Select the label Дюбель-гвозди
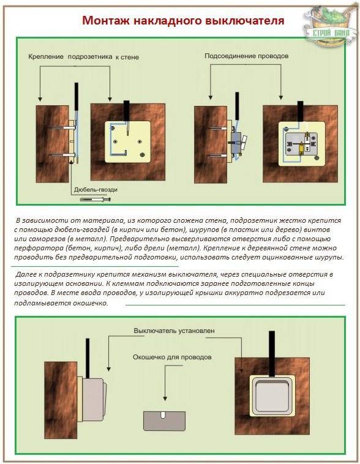(96, 190)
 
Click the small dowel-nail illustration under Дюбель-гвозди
(96, 200)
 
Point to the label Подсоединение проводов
(246, 56)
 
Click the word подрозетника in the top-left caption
(90, 56)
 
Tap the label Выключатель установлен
(174, 331)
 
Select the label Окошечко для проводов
(172, 357)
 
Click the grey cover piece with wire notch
(164, 421)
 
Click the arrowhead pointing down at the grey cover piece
(165, 399)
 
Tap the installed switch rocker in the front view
(272, 396)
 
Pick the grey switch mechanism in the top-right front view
(301, 144)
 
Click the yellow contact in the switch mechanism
(301, 147)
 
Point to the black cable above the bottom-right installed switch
(272, 354)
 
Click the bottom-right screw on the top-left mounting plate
(143, 155)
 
